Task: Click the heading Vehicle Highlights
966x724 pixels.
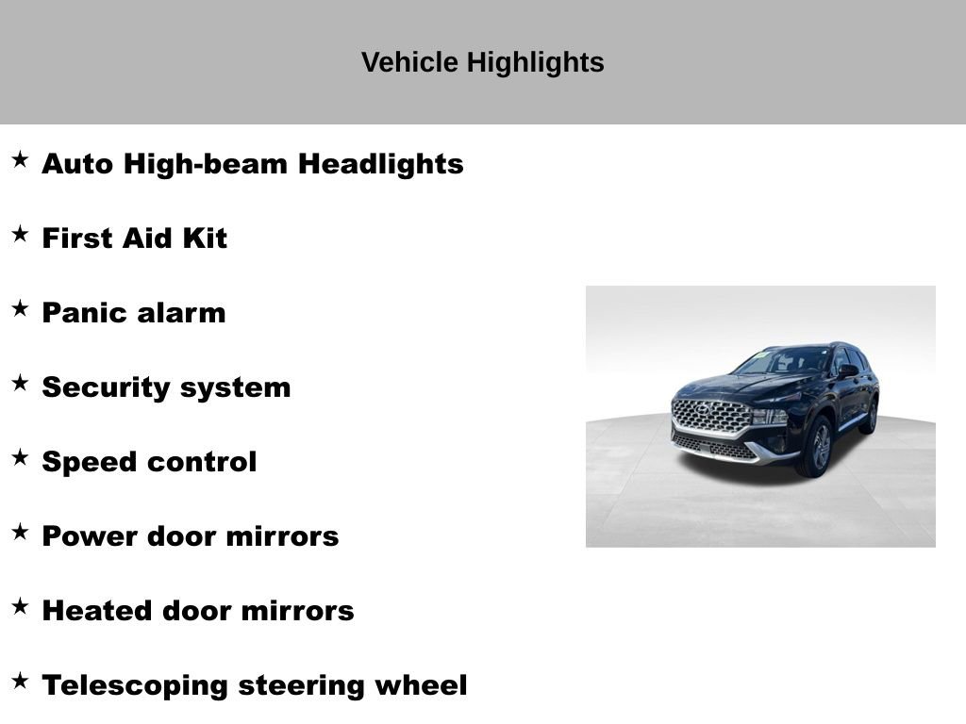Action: point(482,62)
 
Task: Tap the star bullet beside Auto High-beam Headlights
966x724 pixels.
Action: point(20,159)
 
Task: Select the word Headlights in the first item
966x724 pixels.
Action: point(381,164)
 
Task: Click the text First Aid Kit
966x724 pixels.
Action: point(134,239)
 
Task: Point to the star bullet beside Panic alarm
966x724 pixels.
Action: point(20,308)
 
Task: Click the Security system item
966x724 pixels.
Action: point(166,387)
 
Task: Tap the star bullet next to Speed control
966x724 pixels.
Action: point(20,457)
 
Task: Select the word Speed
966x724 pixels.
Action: point(83,462)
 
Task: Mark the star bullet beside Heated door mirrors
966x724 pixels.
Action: point(20,606)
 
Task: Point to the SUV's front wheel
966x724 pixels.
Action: point(816,447)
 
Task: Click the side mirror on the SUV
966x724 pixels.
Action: point(846,370)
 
